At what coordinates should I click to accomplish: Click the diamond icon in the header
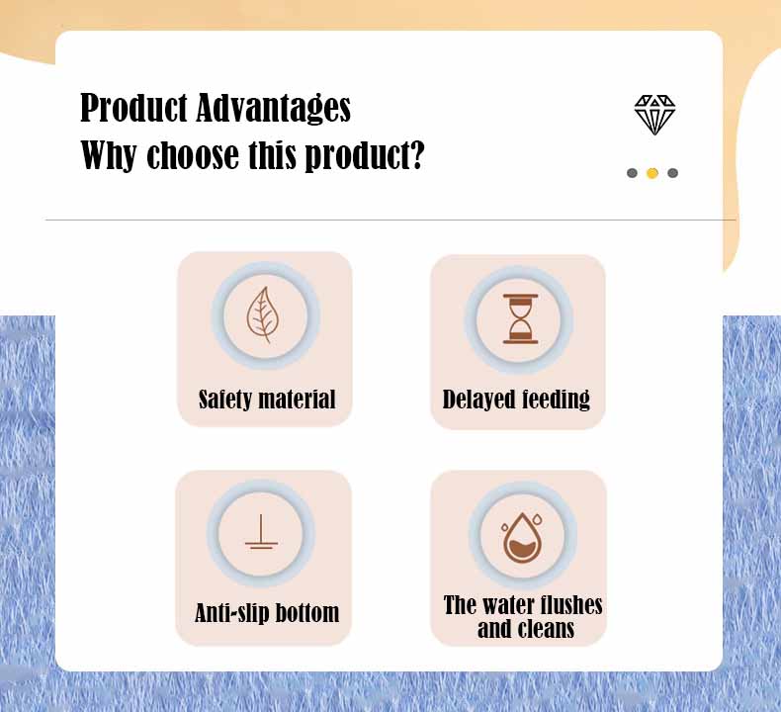654,115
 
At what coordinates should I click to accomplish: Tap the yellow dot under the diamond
652,173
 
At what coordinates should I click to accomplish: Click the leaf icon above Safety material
265,314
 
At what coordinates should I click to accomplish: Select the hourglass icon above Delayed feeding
520,318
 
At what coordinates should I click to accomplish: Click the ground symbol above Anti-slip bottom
261,533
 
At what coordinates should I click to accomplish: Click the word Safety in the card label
224,400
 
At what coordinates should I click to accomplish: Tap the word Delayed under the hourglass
477,400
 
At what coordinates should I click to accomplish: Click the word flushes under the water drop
566,605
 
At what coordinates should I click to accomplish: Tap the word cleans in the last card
546,629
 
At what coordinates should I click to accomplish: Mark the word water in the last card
502,605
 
